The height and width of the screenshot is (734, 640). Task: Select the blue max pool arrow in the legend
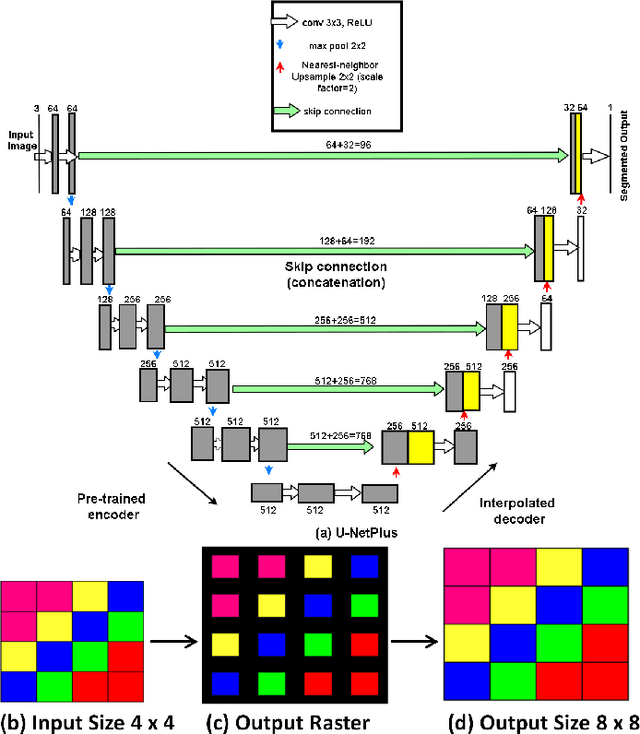[x=290, y=45]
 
